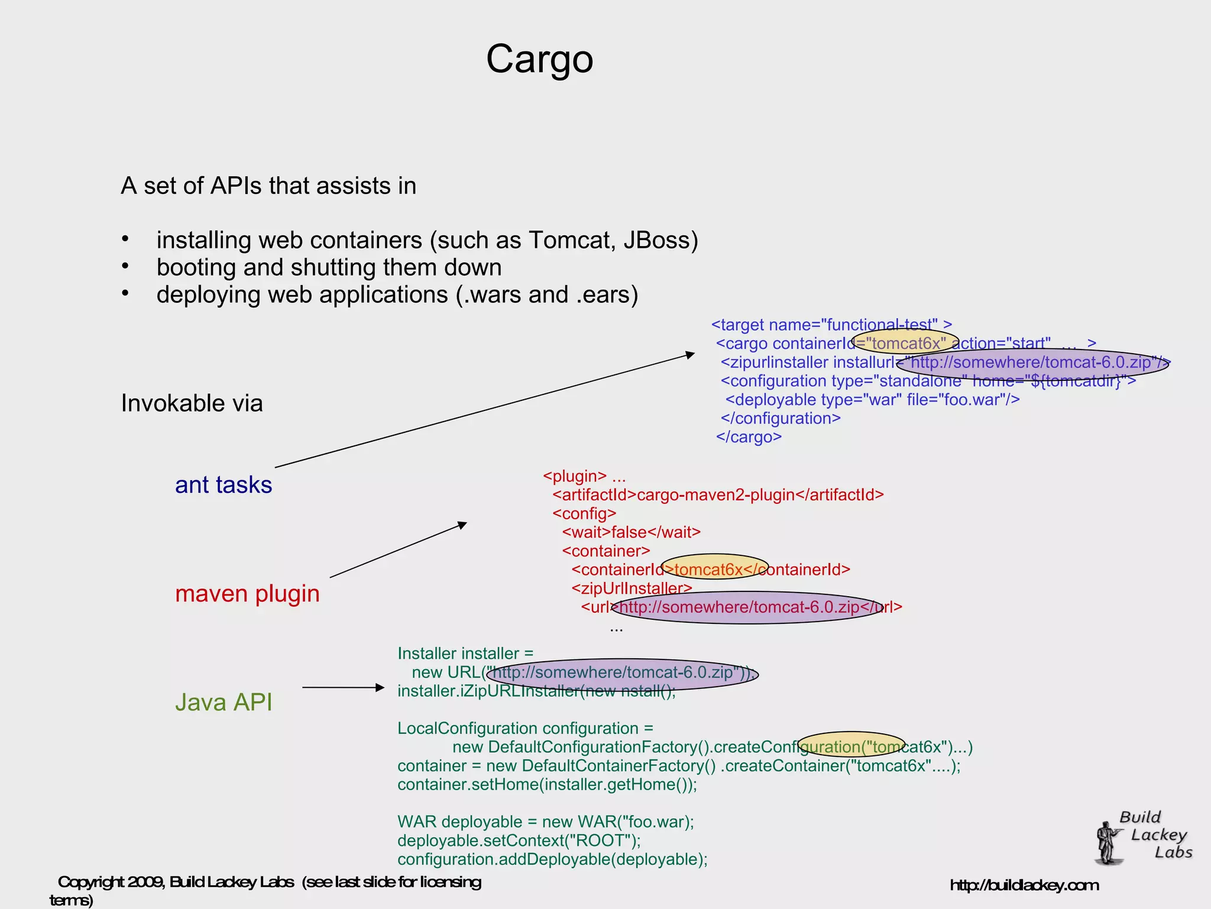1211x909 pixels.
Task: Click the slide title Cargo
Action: tap(539, 59)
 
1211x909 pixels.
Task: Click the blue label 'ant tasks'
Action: tap(224, 485)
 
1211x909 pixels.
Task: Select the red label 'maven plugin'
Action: tap(247, 593)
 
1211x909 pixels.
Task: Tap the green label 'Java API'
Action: tap(224, 702)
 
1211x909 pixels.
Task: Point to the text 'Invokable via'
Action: tap(192, 403)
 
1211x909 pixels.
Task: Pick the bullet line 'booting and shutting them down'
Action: tap(329, 267)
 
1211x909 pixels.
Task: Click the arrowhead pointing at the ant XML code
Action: tap(689, 354)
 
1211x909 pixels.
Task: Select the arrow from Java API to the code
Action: tap(343, 687)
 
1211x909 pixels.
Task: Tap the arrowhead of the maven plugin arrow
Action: tap(462, 525)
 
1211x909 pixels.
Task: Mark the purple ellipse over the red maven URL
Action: tap(747, 607)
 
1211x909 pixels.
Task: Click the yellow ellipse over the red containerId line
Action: tap(714, 567)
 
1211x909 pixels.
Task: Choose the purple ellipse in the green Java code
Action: tap(622, 674)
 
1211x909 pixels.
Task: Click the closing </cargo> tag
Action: tap(749, 437)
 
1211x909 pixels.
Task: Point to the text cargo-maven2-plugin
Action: tap(715, 495)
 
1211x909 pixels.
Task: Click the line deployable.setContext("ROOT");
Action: tap(519, 840)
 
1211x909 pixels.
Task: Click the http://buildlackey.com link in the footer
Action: tap(1024, 885)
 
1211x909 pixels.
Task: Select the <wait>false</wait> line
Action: tap(631, 532)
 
